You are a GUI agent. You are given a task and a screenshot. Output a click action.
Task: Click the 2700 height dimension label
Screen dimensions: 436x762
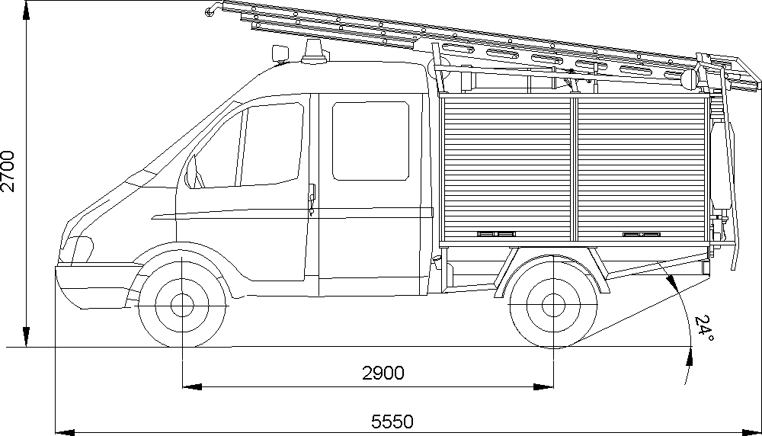click(8, 171)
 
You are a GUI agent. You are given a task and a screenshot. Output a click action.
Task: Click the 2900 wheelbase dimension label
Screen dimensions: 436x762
click(383, 373)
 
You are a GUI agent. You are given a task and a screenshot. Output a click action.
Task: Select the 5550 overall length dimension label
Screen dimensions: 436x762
click(392, 420)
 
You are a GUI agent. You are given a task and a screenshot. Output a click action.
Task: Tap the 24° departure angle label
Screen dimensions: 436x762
click(703, 329)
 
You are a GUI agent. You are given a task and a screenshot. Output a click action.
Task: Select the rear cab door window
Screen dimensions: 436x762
click(371, 141)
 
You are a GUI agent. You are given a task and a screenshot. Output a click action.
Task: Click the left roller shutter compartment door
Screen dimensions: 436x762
click(507, 168)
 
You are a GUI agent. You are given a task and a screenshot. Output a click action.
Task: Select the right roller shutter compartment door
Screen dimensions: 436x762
click(640, 168)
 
